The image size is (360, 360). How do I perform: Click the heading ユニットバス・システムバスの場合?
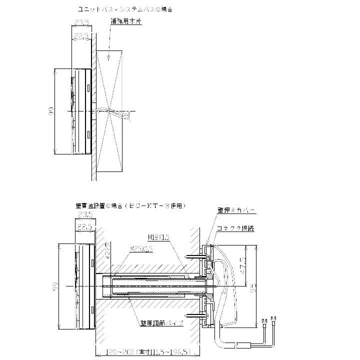[125, 9]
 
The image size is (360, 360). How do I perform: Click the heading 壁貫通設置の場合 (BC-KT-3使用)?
[130, 205]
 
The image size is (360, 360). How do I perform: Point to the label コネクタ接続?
[235, 228]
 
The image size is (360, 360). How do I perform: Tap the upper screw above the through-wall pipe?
[196, 256]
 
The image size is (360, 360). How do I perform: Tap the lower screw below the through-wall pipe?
[196, 315]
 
